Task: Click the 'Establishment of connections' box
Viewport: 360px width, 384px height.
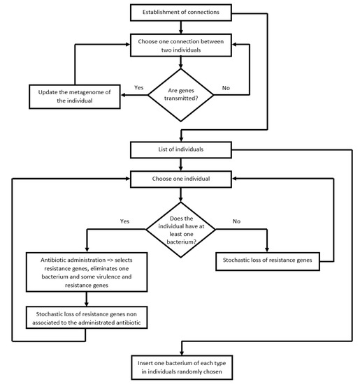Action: click(182, 12)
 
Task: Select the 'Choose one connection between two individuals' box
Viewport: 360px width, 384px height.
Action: click(182, 47)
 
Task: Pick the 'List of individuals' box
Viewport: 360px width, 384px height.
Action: click(182, 149)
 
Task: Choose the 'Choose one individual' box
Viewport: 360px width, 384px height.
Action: click(182, 179)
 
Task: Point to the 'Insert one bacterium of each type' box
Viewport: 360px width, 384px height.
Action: click(182, 365)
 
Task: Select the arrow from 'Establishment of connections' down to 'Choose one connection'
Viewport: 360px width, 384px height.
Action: click(182, 27)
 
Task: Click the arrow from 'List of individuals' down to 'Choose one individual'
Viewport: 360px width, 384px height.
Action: click(182, 163)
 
